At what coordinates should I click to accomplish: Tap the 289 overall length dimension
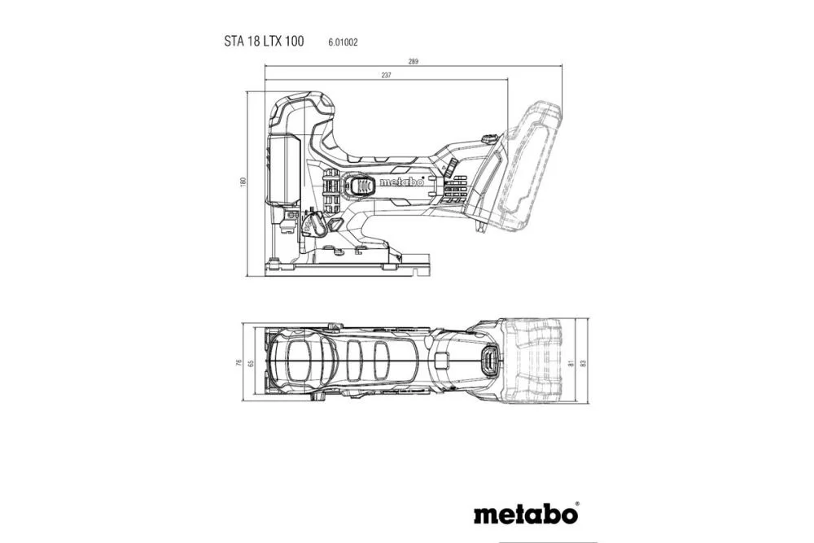coord(414,63)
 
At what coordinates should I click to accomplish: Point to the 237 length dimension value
coord(386,76)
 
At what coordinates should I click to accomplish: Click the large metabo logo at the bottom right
coord(525,515)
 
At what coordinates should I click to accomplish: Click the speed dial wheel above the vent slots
coord(449,169)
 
